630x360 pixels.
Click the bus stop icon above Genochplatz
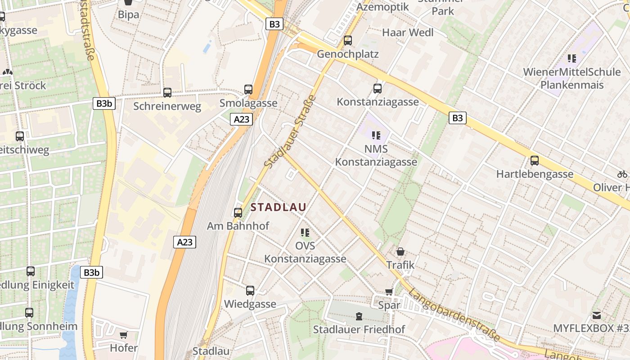[347, 40]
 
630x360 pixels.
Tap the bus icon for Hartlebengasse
[535, 160]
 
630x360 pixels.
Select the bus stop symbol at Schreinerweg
[167, 93]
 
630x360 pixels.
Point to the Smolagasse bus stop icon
[248, 89]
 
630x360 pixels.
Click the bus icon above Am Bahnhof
[238, 212]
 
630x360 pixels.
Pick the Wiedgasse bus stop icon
[250, 291]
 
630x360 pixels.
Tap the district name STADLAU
[278, 207]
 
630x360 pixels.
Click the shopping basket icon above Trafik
[400, 252]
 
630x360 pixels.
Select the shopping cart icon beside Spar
[389, 292]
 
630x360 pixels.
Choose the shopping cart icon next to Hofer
[123, 335]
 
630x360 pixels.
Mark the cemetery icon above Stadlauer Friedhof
[359, 316]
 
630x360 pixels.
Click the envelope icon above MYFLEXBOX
[596, 315]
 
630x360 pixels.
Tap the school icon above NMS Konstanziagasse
[376, 135]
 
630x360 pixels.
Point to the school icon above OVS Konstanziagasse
[305, 233]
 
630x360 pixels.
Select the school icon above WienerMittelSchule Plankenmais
[572, 58]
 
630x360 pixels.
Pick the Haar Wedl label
[408, 32]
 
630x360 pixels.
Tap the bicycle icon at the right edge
[622, 174]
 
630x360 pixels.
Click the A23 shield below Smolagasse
[241, 119]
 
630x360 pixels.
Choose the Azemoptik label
[382, 7]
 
